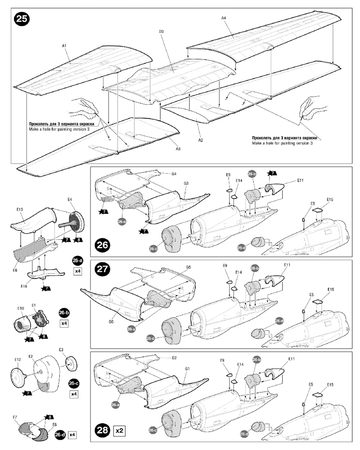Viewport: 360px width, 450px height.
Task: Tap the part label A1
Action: pos(64,46)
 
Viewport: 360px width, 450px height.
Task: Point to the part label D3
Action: pos(161,31)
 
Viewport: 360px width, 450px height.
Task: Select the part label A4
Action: pos(224,18)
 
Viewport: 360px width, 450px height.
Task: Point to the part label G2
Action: pos(174,358)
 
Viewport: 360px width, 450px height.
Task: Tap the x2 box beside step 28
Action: pos(119,431)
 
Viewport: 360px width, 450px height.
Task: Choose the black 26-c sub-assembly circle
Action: pos(74,383)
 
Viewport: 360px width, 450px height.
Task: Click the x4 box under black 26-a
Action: pos(77,272)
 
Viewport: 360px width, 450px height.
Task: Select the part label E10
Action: pos(20,308)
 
